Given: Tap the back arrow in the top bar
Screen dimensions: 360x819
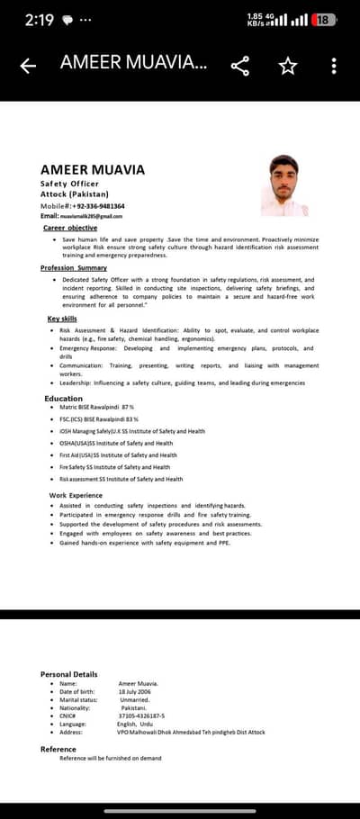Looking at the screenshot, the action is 28,66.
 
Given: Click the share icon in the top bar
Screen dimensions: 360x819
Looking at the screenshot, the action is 240,66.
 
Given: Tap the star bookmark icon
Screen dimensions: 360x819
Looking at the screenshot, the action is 288,66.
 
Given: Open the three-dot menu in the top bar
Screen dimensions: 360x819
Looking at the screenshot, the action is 334,66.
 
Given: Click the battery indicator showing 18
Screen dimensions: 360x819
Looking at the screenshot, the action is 324,19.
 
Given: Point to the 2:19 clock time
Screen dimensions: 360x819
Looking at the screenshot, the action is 40,20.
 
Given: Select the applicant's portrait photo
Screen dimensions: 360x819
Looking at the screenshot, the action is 283,184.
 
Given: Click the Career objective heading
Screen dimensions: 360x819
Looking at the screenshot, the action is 70,228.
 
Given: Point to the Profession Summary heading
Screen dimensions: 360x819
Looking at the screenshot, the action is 74,267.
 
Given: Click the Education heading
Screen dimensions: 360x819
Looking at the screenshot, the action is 64,398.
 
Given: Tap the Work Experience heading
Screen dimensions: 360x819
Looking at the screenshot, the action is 76,495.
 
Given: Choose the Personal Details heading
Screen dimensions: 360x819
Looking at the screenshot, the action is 68,674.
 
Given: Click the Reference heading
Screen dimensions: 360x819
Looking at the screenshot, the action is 58,749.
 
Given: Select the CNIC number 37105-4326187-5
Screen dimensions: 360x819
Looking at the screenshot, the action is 142,715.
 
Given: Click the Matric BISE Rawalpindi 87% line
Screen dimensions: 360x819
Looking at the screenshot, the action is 96,407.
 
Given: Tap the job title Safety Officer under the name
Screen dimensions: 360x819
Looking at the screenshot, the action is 69,183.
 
